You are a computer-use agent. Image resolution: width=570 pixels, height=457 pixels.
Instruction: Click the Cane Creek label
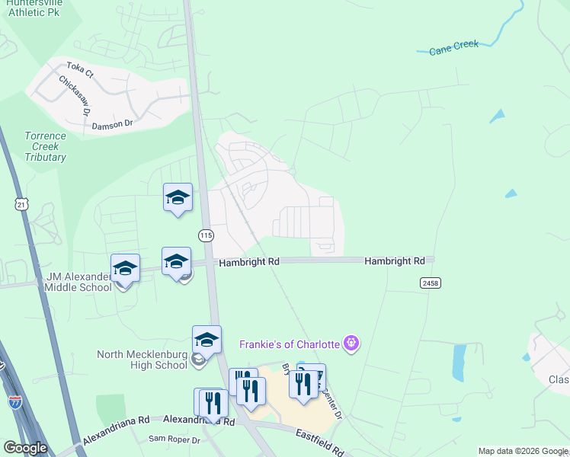click(453, 47)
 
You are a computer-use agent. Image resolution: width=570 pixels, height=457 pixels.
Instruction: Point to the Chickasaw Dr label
click(75, 96)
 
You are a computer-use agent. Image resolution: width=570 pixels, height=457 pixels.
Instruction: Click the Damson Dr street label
click(112, 125)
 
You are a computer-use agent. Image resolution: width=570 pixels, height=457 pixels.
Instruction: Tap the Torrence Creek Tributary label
click(45, 146)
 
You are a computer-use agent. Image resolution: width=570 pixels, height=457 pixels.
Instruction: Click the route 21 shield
click(21, 204)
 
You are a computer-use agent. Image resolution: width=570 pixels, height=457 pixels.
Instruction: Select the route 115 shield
click(206, 236)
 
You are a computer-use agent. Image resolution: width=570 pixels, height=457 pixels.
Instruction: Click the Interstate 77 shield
click(14, 401)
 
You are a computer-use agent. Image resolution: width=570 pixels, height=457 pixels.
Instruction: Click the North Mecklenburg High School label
click(142, 360)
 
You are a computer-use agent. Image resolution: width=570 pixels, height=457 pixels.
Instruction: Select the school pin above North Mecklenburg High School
click(207, 340)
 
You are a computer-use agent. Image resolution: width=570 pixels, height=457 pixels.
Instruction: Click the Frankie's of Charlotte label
click(289, 344)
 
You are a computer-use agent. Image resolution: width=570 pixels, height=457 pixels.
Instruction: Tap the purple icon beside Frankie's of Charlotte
click(351, 344)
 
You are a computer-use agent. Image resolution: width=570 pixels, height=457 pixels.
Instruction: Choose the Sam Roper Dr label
click(174, 439)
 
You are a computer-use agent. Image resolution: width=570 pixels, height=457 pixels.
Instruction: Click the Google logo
click(25, 448)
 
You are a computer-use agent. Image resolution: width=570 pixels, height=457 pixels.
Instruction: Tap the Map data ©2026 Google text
click(522, 451)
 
